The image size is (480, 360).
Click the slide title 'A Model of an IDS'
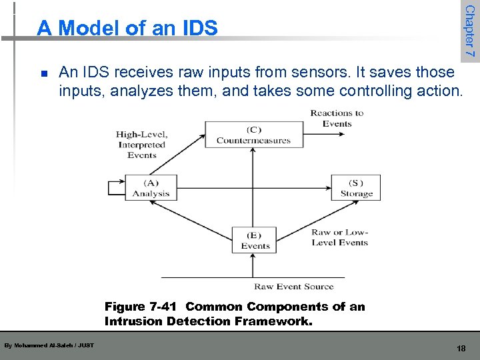point(127,28)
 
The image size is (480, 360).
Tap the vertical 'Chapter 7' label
point(470,31)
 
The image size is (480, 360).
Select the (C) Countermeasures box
point(253,135)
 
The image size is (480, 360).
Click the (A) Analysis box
point(151,187)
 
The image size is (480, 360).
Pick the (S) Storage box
point(356,187)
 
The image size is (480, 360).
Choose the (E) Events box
point(254,240)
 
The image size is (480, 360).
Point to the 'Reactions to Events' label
point(337,118)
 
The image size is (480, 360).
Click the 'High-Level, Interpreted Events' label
point(141,145)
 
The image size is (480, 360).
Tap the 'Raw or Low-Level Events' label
point(339,238)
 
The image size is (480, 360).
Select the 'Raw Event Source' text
point(293,287)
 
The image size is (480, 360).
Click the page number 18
point(461,348)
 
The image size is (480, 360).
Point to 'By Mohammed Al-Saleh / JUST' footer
point(49,345)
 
